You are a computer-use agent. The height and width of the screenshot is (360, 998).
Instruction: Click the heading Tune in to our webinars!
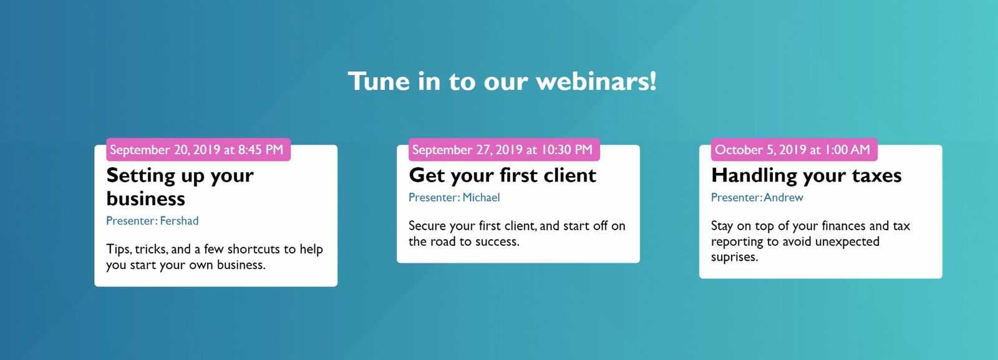point(502,82)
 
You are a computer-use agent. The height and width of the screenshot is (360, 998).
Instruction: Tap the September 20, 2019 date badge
point(198,150)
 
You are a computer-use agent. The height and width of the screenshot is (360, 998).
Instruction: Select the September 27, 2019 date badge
point(505,150)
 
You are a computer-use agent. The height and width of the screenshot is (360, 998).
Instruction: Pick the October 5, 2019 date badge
point(795,150)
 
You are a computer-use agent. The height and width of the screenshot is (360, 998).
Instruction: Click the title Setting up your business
point(180,187)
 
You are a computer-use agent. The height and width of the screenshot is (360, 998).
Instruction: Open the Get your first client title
point(502,175)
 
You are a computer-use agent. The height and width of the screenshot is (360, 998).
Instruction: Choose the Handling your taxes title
point(807,175)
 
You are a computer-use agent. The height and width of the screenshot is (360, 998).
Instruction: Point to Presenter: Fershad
point(152,220)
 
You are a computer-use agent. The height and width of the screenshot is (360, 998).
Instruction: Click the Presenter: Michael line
point(454,197)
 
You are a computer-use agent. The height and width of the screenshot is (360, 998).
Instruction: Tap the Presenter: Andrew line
point(757,197)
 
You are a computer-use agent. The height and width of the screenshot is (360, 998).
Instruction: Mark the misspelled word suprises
point(734,258)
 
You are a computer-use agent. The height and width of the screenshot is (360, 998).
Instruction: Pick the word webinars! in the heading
point(596,82)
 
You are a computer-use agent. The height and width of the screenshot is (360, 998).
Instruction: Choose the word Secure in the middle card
point(427,226)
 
